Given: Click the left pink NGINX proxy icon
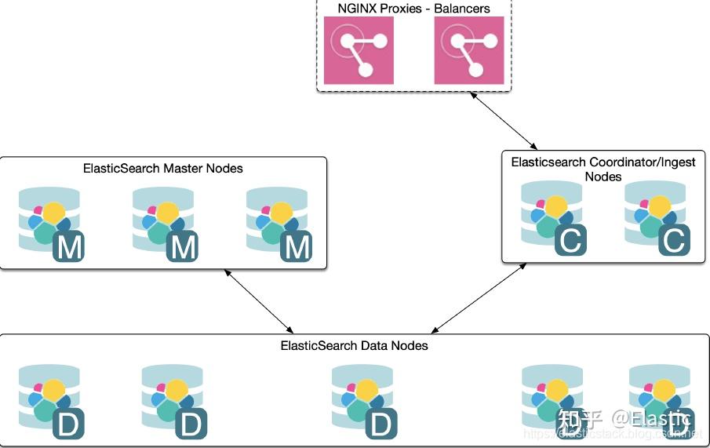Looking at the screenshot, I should (x=359, y=50).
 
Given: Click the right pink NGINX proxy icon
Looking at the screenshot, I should (x=469, y=50).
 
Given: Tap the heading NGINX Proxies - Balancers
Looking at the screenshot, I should (x=413, y=9).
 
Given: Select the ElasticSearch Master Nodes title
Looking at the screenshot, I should (x=163, y=168).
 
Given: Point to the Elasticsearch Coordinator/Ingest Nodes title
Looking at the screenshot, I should (x=603, y=169).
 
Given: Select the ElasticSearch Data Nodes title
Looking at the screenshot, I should (x=355, y=345).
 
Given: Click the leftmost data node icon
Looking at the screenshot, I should (x=51, y=401).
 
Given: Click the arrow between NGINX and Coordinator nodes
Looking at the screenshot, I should (x=504, y=118).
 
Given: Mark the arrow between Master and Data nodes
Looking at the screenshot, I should (x=258, y=301).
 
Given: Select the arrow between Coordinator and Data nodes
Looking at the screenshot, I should (x=479, y=299).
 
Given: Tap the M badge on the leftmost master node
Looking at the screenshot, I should (x=68, y=247).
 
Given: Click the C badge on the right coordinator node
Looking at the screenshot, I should (x=674, y=240).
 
